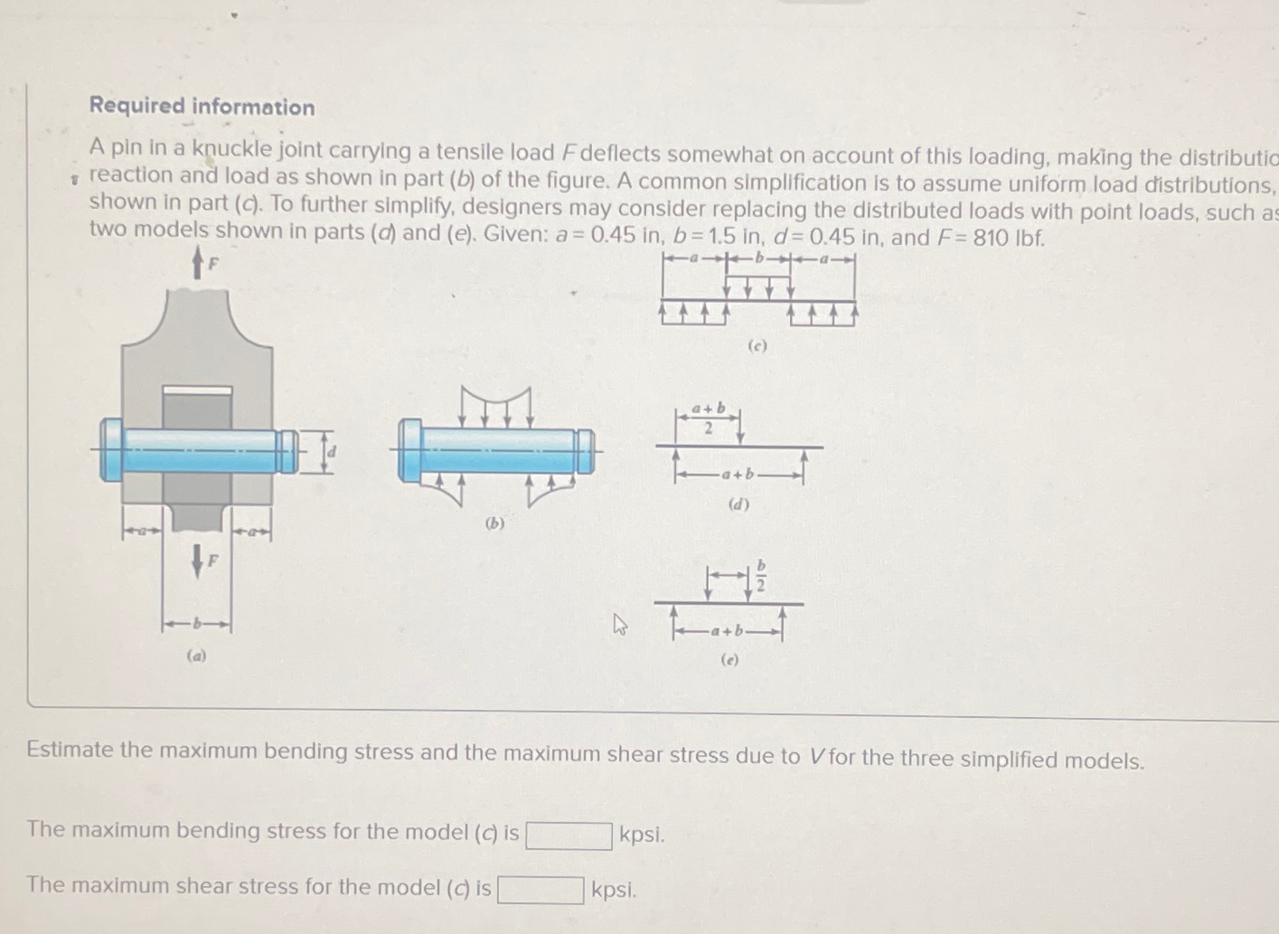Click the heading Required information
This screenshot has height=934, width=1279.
click(x=202, y=107)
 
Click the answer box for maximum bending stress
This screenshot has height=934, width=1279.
click(x=569, y=835)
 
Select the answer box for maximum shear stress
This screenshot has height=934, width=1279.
click(x=541, y=891)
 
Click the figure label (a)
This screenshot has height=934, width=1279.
click(x=196, y=656)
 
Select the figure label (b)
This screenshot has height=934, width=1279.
click(x=494, y=523)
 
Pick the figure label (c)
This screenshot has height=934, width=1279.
click(x=757, y=345)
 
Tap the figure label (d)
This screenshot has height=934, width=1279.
click(x=738, y=505)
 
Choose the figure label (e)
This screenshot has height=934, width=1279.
click(x=729, y=660)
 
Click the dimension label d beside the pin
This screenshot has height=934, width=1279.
click(x=331, y=451)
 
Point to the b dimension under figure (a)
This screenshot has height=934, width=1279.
click(x=197, y=625)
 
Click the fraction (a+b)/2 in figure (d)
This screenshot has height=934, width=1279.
click(x=708, y=419)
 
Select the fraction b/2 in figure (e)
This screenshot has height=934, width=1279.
click(x=761, y=574)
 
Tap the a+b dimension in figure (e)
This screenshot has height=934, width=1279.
click(x=727, y=630)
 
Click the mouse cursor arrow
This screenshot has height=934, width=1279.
click(x=620, y=624)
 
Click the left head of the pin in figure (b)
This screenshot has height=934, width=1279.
click(x=409, y=449)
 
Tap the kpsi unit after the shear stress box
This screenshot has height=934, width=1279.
click(x=614, y=891)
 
